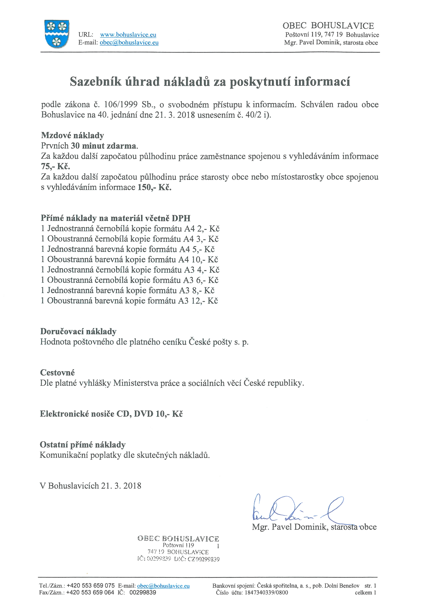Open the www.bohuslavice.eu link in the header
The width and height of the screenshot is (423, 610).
pyautogui.click(x=128, y=35)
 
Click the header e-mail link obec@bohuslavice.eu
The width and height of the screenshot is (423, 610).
pyautogui.click(x=129, y=43)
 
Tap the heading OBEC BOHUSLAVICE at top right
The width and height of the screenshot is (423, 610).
pyautogui.click(x=328, y=26)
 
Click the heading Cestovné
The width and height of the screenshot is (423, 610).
pyautogui.click(x=57, y=373)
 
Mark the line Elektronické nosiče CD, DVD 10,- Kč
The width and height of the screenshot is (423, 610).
pyautogui.click(x=111, y=414)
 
